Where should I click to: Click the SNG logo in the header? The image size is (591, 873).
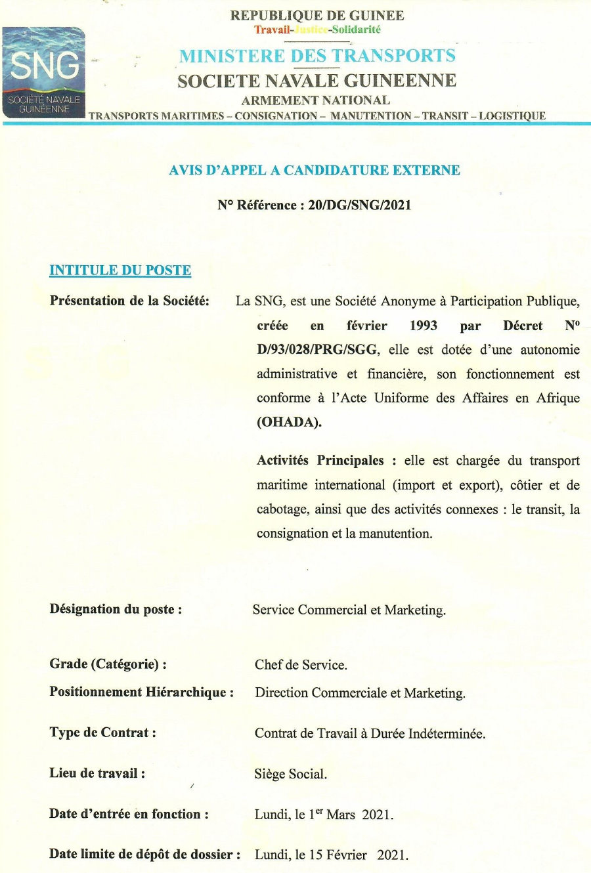coord(44,72)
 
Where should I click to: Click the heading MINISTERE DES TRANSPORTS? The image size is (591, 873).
coord(317,56)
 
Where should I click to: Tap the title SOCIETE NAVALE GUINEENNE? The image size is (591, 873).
coord(317,81)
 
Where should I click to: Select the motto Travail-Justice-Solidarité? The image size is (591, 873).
coord(317,30)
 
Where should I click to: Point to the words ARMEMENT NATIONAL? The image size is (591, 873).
coord(315,100)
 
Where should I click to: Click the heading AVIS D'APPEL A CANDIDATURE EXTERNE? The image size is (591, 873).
coord(314,170)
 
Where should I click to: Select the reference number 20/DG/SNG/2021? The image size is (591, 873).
coord(359,205)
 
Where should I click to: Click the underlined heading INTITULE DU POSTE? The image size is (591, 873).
coord(120,270)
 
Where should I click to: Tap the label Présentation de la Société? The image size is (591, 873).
coord(129,301)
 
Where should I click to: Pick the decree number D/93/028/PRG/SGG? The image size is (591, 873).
coord(317,350)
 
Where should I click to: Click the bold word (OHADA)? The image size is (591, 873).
coord(289,422)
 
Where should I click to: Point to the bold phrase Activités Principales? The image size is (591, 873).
coord(320,460)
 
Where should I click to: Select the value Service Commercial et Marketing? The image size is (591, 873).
coord(349,610)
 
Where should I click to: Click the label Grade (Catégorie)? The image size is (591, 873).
coord(108,664)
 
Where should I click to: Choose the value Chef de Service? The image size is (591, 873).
coord(301,664)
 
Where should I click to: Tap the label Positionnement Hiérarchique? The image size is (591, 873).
coord(141,692)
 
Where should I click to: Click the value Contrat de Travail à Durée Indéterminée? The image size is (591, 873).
coord(370,733)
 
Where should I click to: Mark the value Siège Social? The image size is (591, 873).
coord(290,774)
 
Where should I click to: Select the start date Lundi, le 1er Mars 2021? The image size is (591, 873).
coord(324,815)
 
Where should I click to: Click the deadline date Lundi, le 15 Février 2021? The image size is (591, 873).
coord(331,855)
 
